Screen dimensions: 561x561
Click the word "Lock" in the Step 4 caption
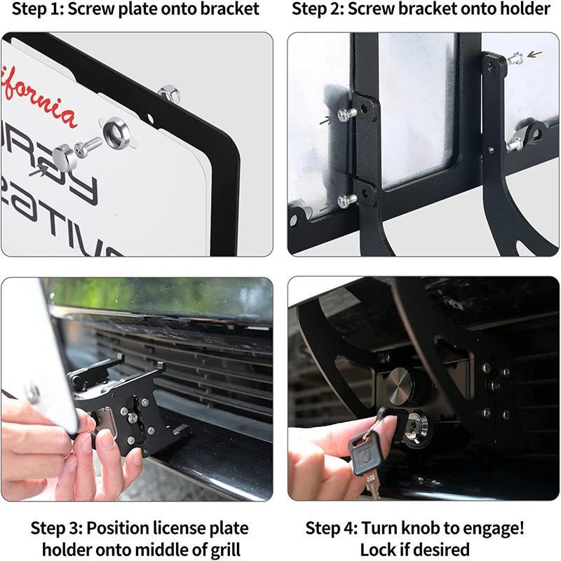[x=378, y=548]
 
